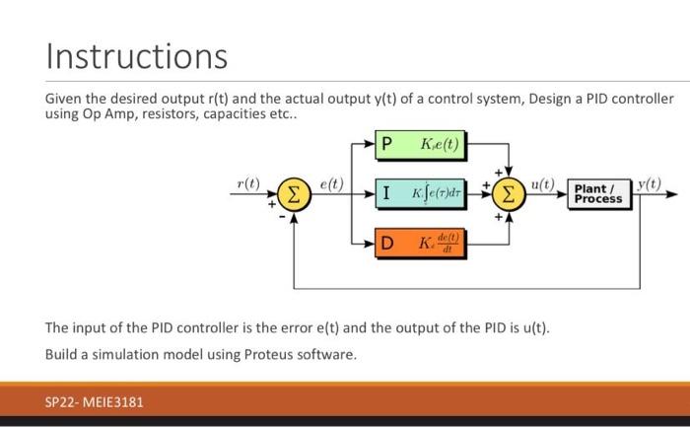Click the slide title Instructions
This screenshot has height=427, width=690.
[x=136, y=55]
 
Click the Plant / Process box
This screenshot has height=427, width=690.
[x=598, y=193]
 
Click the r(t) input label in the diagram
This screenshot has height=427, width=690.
[x=248, y=183]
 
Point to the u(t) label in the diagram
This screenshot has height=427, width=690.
[x=543, y=183]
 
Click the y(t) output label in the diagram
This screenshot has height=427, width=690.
[x=650, y=183]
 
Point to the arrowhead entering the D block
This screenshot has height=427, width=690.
[x=373, y=241]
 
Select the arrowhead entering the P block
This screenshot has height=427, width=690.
[x=373, y=146]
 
